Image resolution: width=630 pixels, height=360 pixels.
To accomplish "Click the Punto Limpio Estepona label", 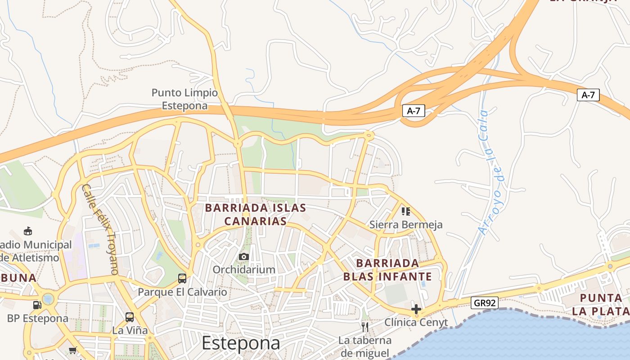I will pos(184,99).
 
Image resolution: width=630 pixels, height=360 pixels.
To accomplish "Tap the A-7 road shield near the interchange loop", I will pos(414,111).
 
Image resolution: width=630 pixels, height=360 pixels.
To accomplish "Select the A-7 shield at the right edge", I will pos(588,95).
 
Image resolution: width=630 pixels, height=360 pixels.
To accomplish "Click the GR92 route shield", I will pos(485,303).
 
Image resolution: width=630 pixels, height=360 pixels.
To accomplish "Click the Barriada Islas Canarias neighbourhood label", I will pos(256,215).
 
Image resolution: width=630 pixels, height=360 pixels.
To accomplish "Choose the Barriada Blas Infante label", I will pos(387,270).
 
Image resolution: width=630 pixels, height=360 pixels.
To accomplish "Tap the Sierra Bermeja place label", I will pos(406,225).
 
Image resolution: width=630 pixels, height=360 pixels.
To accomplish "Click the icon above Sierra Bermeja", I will pos(406,211).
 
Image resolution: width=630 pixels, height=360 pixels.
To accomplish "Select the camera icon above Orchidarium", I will pos(244,256).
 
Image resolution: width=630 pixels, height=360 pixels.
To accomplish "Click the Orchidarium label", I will pos(244,270).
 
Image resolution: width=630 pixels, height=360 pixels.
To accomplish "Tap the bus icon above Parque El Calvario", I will pos(182,279).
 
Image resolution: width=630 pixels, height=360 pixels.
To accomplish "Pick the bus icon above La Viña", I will pos(130,317).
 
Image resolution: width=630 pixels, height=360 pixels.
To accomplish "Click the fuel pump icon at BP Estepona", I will pos(37,305).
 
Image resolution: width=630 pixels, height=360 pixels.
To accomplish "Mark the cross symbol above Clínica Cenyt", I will pos(416,309).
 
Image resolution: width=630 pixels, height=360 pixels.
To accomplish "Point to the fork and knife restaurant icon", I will pos(365,326).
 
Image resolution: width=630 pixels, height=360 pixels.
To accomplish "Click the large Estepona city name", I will pos(241,343).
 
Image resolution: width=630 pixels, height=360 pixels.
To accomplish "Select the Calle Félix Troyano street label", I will pos(100,229).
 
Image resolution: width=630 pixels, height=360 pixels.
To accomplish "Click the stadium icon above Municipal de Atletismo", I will pos(28,231).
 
